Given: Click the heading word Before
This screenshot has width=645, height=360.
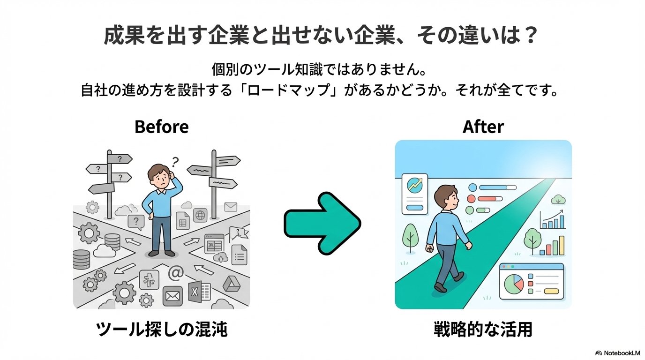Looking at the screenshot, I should (161, 127).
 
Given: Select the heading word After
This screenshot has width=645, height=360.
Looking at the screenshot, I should (483, 127).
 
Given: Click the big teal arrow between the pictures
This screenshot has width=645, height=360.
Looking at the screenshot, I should (322, 222).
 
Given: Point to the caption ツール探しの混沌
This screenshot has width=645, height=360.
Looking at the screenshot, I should (162, 330).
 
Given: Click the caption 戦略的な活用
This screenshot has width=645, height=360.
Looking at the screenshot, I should (483, 330).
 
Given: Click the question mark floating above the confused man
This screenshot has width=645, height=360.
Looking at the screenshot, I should (175, 162).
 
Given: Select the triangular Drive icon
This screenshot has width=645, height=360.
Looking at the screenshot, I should (231, 285).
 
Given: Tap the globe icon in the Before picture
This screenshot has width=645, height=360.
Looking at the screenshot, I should (200, 216).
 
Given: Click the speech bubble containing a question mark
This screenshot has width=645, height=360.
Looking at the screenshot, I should (136, 221).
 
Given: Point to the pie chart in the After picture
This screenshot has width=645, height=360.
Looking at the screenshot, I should (513, 283).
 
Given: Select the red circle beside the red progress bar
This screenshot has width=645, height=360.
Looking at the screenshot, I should (473, 198).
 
